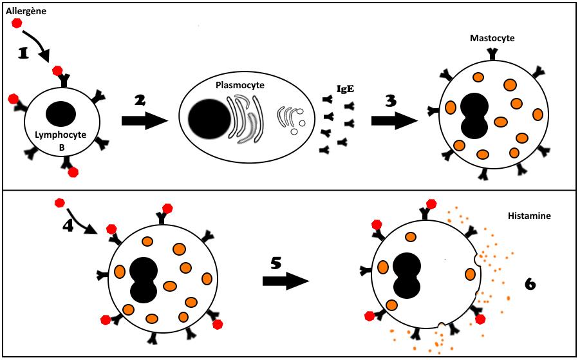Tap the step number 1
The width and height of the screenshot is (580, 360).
click(24, 54)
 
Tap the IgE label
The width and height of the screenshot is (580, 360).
click(346, 90)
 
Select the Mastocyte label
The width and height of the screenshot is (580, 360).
click(492, 38)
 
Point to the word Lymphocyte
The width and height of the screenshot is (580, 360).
click(62, 137)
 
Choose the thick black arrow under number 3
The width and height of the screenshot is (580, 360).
click(392, 120)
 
